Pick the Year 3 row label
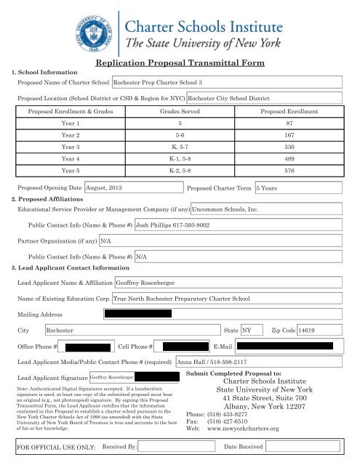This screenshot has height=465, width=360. pos(71,145)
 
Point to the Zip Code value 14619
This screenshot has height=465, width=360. pos(319,330)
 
